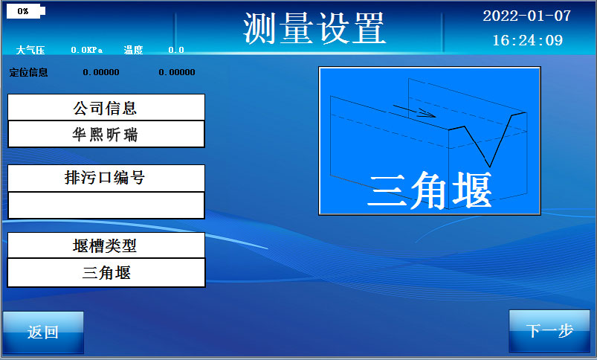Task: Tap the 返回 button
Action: click(43, 332)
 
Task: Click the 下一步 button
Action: click(549, 331)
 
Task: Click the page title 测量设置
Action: click(314, 28)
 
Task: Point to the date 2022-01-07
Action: click(526, 16)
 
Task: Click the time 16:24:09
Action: click(527, 40)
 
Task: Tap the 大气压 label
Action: click(30, 50)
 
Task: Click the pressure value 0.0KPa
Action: click(86, 50)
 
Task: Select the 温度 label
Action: click(133, 50)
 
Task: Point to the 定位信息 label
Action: click(28, 72)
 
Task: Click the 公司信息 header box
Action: click(106, 107)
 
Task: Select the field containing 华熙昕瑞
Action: click(106, 135)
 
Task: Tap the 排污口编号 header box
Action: click(106, 178)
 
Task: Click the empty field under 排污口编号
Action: click(106, 205)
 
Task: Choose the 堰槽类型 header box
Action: click(106, 245)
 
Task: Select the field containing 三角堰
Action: click(106, 272)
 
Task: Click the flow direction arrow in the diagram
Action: click(414, 112)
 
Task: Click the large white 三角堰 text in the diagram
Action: click(430, 191)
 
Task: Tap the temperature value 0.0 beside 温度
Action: click(176, 50)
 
